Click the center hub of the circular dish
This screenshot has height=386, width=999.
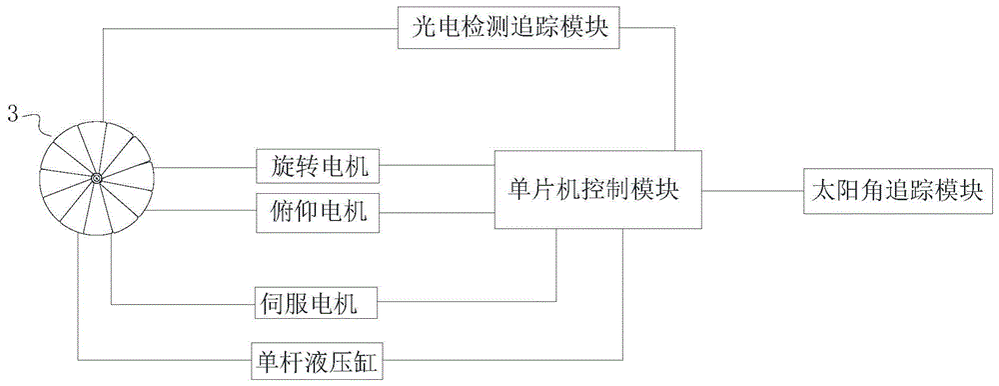coord(97,179)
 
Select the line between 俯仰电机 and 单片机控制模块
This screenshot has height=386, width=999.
coord(438,212)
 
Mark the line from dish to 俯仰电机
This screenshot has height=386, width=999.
coord(205,212)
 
